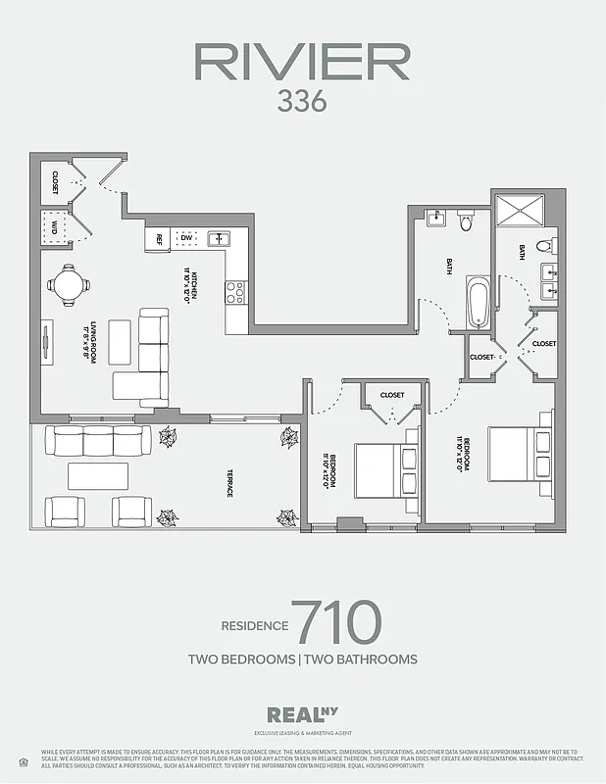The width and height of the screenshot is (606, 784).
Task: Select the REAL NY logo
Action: point(302,715)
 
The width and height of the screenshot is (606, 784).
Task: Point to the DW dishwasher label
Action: point(185,238)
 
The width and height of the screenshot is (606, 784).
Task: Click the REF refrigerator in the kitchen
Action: point(156,238)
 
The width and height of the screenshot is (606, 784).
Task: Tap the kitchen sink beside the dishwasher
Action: point(217,238)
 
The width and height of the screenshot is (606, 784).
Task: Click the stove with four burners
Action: point(236,291)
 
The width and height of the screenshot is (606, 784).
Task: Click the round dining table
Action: point(69,285)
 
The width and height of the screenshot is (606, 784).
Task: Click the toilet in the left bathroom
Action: point(467,221)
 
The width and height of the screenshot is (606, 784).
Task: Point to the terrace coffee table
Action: point(96,477)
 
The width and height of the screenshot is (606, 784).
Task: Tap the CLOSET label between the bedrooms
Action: point(391,395)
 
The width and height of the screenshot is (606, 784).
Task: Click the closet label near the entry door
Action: point(55,181)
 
